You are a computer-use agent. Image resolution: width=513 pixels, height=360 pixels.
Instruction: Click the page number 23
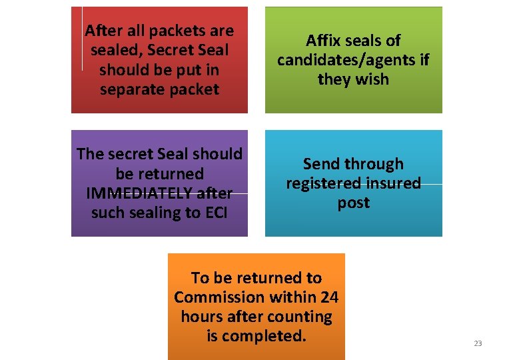click(477, 343)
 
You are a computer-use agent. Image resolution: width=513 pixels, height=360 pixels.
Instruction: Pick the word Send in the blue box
click(322, 164)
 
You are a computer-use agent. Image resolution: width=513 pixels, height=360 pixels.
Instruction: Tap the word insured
click(393, 183)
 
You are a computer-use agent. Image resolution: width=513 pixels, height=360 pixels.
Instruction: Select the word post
click(353, 203)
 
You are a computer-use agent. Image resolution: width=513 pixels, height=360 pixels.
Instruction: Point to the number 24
click(328, 297)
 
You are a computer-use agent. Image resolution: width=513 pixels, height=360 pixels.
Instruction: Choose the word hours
click(201, 317)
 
